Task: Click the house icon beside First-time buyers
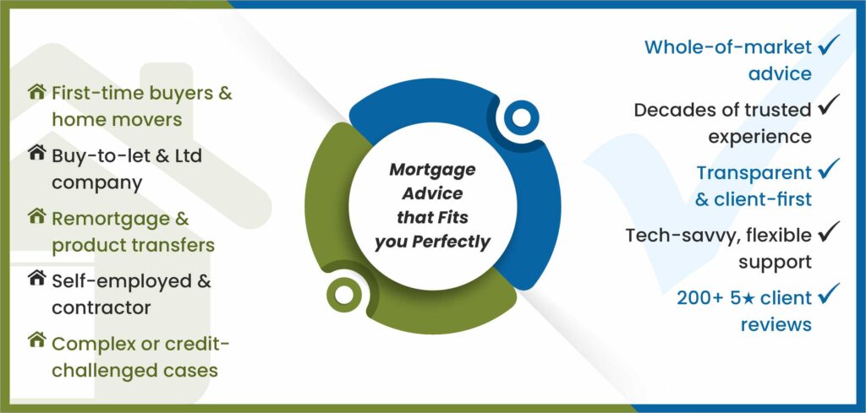coord(36,92)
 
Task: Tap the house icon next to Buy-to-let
coord(36,154)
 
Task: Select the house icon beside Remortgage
coord(36,217)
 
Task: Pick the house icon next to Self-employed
coord(36,279)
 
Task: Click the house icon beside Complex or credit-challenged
coord(36,341)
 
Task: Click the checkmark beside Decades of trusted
coord(828,108)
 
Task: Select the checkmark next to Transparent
coord(828,171)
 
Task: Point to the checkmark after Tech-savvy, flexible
coord(828,233)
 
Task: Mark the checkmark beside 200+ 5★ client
coord(828,296)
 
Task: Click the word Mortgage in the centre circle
coord(432,169)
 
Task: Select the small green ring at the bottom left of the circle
coord(347,294)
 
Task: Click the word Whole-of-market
coord(728,47)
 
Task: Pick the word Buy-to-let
coord(96,155)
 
